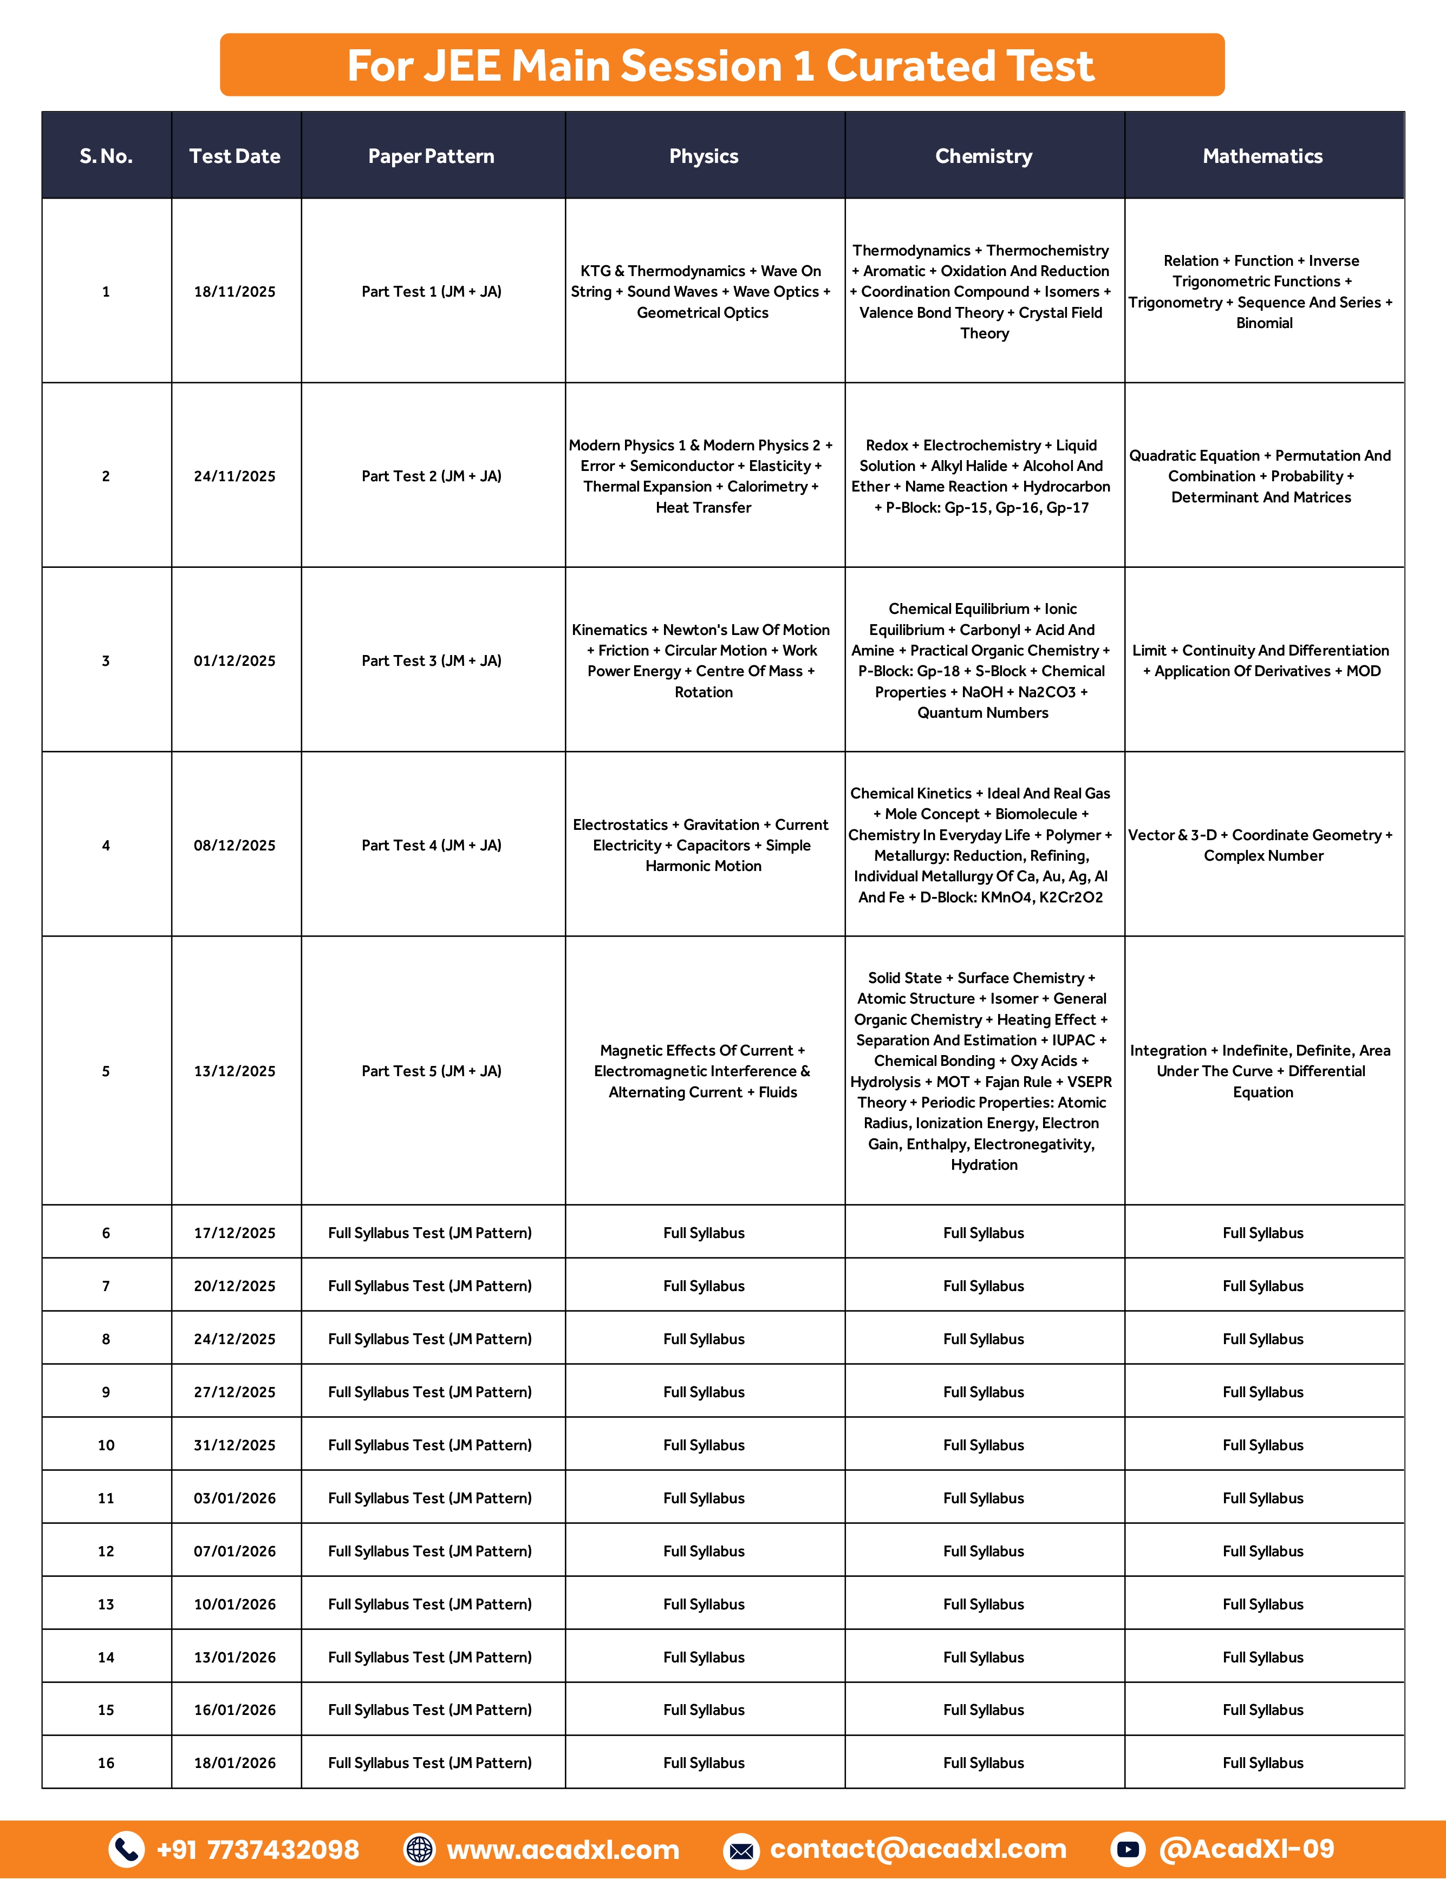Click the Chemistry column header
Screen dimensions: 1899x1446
pyautogui.click(x=984, y=156)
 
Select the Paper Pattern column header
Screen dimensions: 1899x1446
pyautogui.click(x=431, y=156)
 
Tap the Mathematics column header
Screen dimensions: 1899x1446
pyautogui.click(x=1262, y=156)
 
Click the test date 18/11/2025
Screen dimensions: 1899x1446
pyautogui.click(x=235, y=292)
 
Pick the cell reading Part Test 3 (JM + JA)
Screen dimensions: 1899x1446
pyautogui.click(x=431, y=661)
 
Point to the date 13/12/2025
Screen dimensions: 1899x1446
pyautogui.click(x=235, y=1071)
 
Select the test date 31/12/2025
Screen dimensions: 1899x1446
pyautogui.click(x=235, y=1445)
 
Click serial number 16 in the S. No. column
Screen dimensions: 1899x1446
pyautogui.click(x=106, y=1763)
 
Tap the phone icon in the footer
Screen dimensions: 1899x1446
pyautogui.click(x=127, y=1849)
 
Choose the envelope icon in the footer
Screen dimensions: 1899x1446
pyautogui.click(x=740, y=1850)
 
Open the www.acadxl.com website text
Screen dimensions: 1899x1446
pyautogui.click(x=563, y=1849)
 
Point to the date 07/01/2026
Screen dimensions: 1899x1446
pyautogui.click(x=235, y=1551)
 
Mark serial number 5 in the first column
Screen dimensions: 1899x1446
pyautogui.click(x=106, y=1071)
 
